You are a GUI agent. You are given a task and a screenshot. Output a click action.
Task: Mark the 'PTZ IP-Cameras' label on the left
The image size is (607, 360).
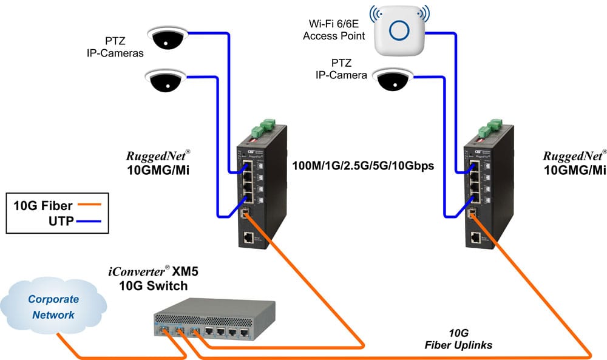click(x=115, y=48)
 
